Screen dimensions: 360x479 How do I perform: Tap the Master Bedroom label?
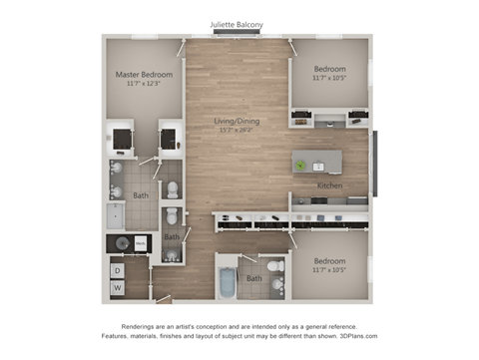[x=144, y=75]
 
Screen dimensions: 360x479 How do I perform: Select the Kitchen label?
[x=330, y=185]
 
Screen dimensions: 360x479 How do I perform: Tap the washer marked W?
[x=116, y=288]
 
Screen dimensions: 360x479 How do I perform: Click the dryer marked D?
[x=116, y=269]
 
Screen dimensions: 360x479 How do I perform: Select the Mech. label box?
[x=141, y=242]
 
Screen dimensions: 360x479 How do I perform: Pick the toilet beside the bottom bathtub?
[x=275, y=285]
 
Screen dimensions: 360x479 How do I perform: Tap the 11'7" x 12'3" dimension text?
[x=144, y=85]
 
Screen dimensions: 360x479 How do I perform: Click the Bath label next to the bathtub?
[x=253, y=278]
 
